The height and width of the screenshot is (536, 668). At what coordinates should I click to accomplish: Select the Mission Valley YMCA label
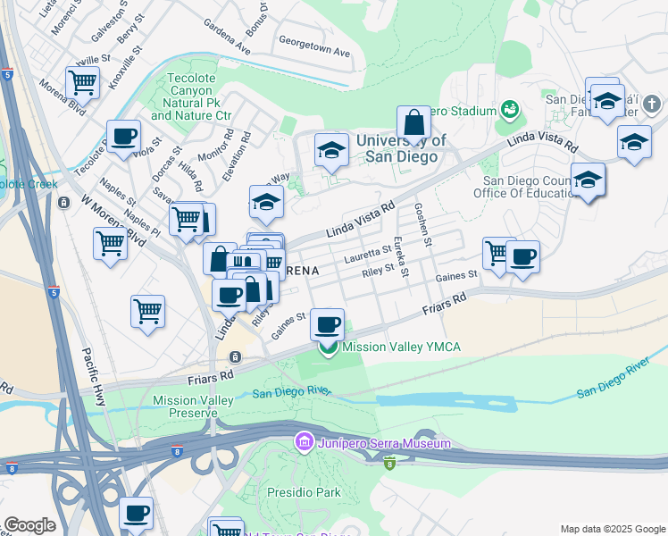tap(401, 347)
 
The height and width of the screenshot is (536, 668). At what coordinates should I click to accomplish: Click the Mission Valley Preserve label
tap(185, 406)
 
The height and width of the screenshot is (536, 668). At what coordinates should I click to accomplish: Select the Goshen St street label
tap(422, 224)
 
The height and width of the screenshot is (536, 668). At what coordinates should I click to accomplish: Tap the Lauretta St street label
tap(367, 255)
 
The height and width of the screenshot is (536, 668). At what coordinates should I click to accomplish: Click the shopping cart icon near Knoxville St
tap(82, 82)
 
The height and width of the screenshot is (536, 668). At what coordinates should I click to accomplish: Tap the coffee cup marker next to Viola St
tap(124, 137)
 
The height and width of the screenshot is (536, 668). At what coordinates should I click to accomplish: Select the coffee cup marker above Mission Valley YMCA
tap(328, 323)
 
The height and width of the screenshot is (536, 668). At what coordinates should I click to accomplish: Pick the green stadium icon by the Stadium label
tap(510, 110)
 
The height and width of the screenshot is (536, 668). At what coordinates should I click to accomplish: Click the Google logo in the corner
tap(30, 524)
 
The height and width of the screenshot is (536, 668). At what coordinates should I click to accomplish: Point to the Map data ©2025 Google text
tap(611, 529)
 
